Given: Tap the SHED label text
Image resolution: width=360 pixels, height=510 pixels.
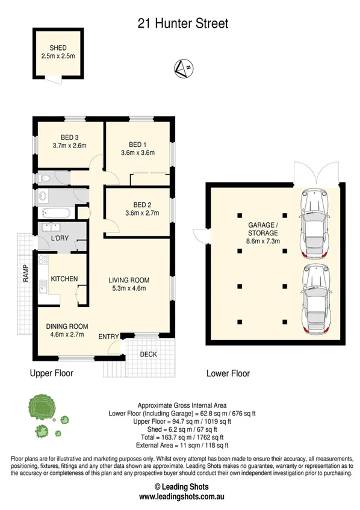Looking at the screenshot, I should pos(58,48).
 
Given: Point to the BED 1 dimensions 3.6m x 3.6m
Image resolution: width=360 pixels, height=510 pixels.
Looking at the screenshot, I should pos(137,152).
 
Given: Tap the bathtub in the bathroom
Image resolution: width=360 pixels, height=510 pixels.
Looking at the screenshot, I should pos(57,212).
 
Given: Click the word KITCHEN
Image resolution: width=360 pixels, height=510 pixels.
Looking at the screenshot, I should pos(64,279).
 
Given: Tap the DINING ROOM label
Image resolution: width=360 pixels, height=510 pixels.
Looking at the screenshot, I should pos(65,326).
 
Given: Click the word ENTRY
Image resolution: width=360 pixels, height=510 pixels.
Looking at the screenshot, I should pos(109,336).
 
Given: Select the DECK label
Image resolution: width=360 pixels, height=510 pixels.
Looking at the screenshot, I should pos(148,354).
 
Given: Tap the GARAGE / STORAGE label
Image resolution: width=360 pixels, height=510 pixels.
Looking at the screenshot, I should pos(263,229).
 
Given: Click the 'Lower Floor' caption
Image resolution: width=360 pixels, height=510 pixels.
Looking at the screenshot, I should pos(228,373).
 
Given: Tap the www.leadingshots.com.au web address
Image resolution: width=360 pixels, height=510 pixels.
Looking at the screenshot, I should pos(181,497).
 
